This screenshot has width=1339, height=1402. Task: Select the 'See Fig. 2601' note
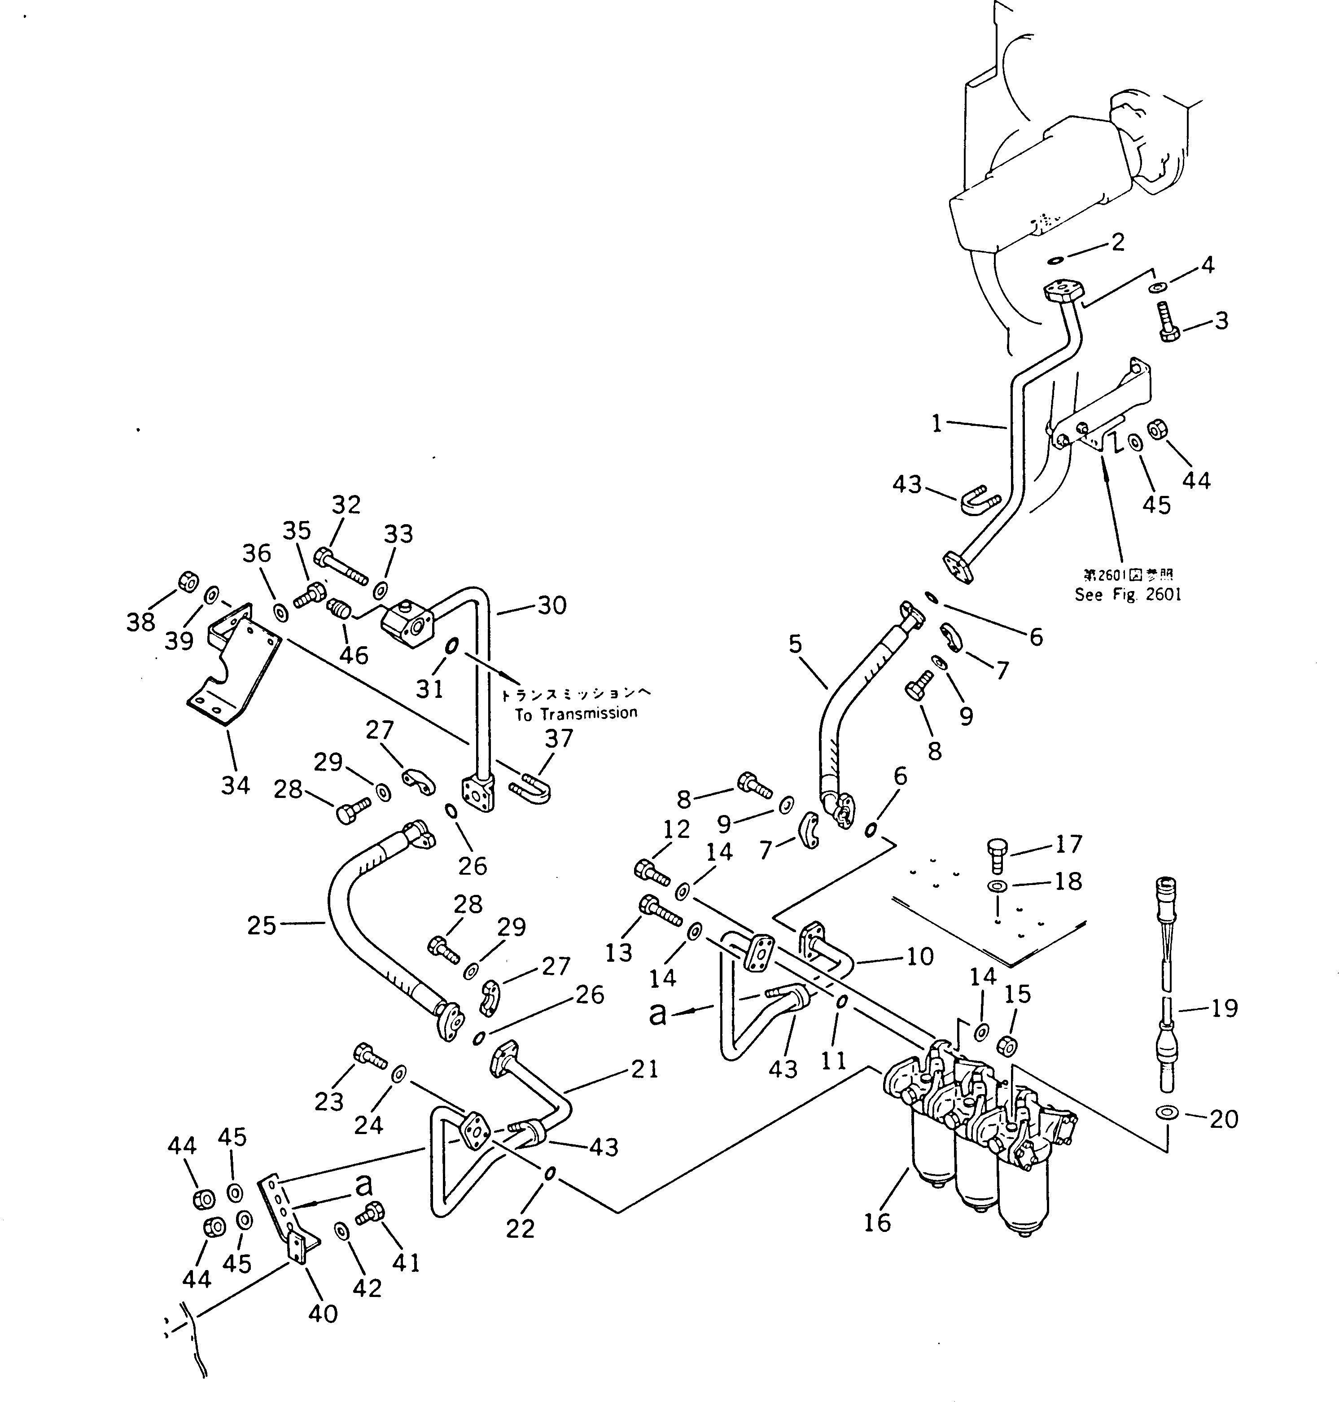tap(1128, 595)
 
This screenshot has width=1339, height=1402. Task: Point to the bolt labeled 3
tap(1168, 323)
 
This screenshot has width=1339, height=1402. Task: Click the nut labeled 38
tap(187, 581)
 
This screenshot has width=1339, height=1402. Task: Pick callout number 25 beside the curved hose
tap(261, 926)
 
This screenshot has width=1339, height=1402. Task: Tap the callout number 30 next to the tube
tap(552, 605)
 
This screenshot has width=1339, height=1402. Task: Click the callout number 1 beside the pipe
tap(937, 424)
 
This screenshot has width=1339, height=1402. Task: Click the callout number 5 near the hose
tap(795, 644)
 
